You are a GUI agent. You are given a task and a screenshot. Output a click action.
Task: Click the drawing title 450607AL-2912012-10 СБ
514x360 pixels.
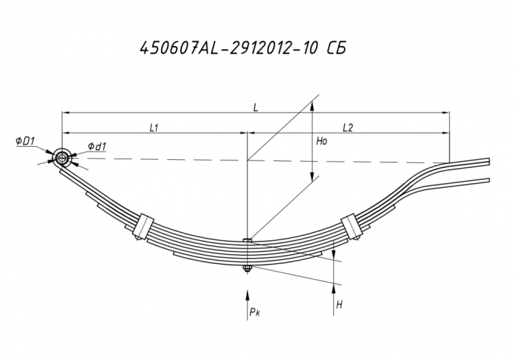click(243, 49)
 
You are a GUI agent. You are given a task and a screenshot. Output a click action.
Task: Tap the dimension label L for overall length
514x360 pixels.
click(256, 108)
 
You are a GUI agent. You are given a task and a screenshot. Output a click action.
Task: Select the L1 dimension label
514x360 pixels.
click(154, 128)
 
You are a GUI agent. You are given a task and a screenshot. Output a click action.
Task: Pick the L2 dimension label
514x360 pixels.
click(347, 128)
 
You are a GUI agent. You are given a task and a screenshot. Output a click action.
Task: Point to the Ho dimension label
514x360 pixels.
click(321, 141)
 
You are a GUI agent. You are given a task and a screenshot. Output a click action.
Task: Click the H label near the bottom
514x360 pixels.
click(339, 305)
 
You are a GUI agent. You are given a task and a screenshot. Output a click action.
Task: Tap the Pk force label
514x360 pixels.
click(254, 312)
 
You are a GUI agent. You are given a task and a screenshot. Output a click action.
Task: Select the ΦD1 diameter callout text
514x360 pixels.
click(25, 141)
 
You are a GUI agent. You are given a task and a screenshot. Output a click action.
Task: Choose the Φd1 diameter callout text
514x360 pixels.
click(97, 147)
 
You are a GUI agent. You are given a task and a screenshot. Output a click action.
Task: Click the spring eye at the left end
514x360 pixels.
click(61, 158)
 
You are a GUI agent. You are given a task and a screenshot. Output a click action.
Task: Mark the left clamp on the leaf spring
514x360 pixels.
click(144, 226)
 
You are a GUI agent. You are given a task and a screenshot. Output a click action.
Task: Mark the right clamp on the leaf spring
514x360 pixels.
click(350, 226)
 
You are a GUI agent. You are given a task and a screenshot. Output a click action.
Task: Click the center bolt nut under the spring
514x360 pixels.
click(247, 269)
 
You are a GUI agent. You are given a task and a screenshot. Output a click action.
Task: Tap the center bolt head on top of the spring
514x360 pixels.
click(247, 240)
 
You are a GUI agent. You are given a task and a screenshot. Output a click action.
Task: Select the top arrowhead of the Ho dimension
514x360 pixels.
click(313, 106)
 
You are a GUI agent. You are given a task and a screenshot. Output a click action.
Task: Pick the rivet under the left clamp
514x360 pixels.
click(138, 237)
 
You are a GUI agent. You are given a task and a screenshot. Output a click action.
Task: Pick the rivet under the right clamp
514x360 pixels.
click(357, 237)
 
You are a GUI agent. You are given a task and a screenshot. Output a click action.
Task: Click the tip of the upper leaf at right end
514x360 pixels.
click(489, 161)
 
